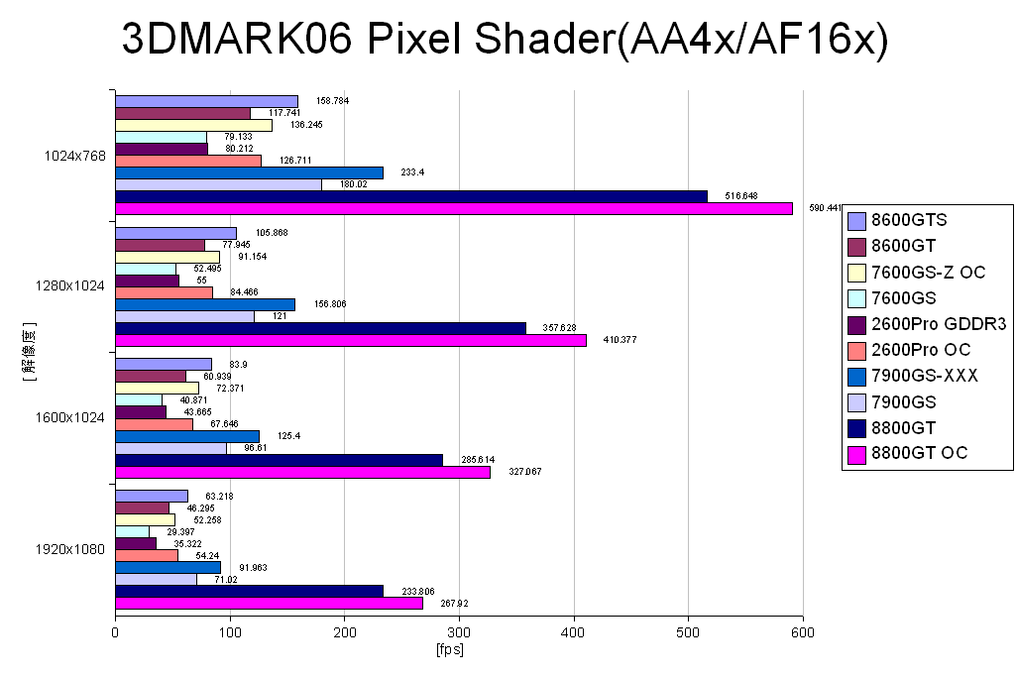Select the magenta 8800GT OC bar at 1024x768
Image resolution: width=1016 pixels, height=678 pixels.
tap(454, 208)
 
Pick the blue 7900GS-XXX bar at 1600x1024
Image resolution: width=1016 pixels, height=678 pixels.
tap(187, 436)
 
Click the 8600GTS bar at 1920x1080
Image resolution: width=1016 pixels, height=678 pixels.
tap(152, 496)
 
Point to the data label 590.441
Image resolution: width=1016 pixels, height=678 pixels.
tap(826, 208)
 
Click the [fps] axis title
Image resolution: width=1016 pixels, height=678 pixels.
tap(450, 650)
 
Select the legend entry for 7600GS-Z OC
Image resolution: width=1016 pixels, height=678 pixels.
tap(928, 272)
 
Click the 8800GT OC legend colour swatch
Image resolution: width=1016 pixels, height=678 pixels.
tap(857, 454)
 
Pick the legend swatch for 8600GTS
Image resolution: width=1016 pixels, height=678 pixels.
tap(857, 220)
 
